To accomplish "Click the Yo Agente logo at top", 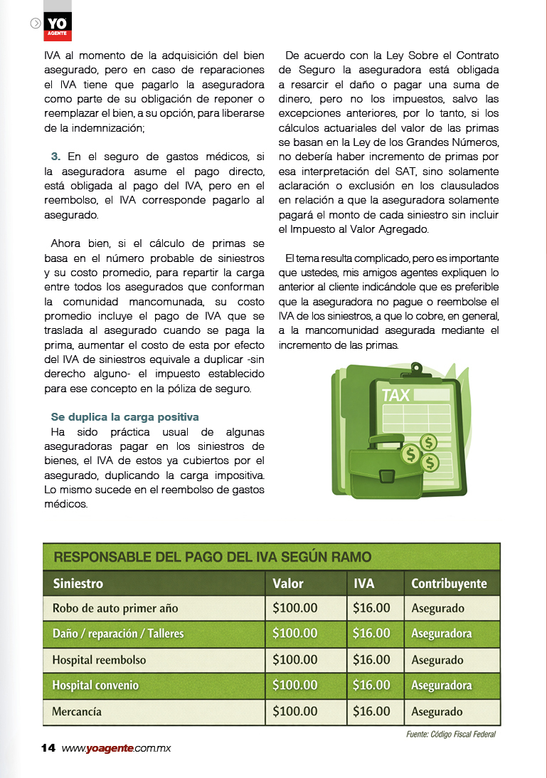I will coord(57,26).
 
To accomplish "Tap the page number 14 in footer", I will coord(48,748).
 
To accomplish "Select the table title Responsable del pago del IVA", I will coord(212,557).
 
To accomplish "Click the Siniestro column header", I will coord(78,584).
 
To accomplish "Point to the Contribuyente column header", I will coord(449,584).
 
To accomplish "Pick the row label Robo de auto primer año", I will coord(115,609).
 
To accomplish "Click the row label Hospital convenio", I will coord(95,685).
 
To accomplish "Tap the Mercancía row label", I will coord(77,711).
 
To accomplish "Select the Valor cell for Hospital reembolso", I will coord(295,660).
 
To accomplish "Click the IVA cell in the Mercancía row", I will coord(371,711).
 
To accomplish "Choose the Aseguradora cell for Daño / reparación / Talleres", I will coord(441,634).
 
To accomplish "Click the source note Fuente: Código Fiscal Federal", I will coord(445,735).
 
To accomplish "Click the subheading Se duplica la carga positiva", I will coord(124,416).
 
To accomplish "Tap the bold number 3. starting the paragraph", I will coord(55,155).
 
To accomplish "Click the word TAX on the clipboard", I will coord(395,394).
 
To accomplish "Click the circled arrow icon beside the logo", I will coord(36,23).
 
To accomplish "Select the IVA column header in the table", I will coord(364,584).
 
